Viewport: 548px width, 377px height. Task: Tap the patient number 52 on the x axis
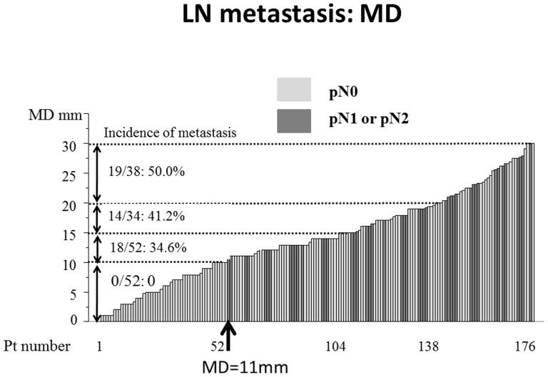pyautogui.click(x=224, y=346)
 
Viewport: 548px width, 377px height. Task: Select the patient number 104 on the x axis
pyautogui.click(x=336, y=346)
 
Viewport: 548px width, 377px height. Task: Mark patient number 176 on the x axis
pyautogui.click(x=524, y=346)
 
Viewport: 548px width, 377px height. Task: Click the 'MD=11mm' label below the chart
pyautogui.click(x=230, y=367)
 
